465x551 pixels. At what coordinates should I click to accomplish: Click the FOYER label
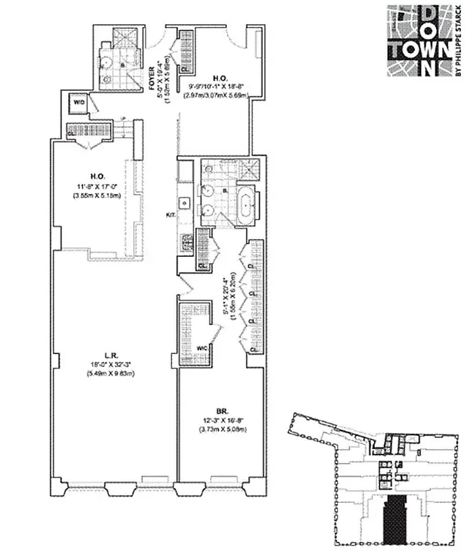coord(153,74)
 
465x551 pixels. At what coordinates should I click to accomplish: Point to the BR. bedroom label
coord(220,408)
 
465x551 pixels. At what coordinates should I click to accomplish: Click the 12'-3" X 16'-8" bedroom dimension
coord(220,419)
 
